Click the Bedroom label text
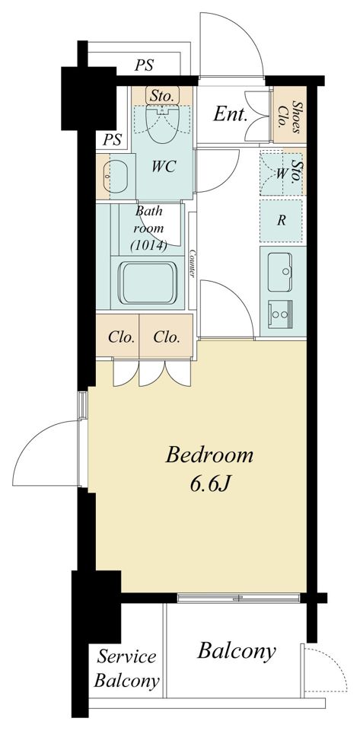[209, 455]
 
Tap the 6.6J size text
[211, 485]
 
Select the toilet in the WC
[161, 122]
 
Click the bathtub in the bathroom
[149, 283]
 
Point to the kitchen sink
[280, 272]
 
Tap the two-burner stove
[280, 314]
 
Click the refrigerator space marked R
[281, 221]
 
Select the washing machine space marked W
[281, 174]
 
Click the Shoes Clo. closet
[290, 115]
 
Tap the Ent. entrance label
[230, 114]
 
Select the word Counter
[192, 264]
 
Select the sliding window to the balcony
[239, 598]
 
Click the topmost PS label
[145, 65]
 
